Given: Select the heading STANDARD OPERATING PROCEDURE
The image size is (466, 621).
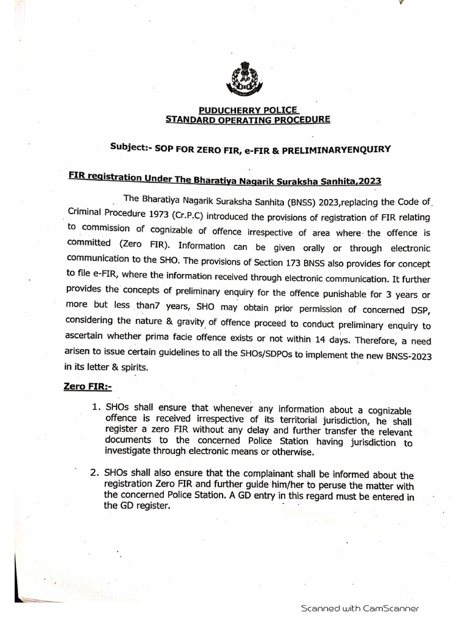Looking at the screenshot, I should [x=249, y=120].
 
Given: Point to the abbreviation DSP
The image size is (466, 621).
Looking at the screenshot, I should [x=411, y=310].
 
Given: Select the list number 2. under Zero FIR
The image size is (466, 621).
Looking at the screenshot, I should [x=95, y=474].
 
